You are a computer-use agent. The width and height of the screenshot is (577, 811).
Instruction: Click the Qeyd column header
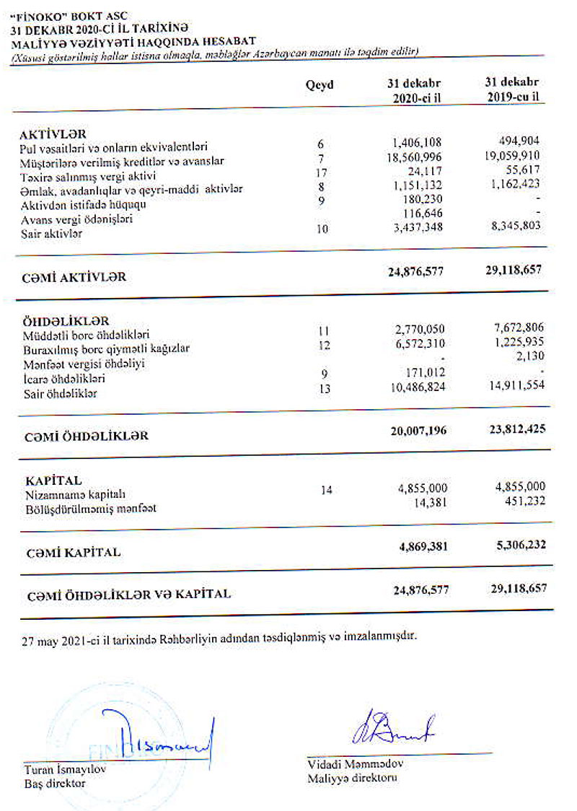(x=320, y=85)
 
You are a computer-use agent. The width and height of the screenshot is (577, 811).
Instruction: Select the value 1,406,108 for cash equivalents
(x=417, y=142)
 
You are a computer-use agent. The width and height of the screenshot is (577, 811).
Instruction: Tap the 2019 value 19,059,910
(x=511, y=154)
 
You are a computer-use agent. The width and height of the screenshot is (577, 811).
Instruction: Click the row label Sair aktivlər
(x=51, y=234)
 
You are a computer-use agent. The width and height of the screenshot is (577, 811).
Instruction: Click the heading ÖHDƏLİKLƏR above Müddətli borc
(x=65, y=321)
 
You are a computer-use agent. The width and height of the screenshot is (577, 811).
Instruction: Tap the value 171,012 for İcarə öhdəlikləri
(x=426, y=372)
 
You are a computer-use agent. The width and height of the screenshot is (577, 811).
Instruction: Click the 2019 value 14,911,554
(x=513, y=385)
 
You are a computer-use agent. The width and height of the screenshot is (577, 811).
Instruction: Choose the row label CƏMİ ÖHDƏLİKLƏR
(x=87, y=436)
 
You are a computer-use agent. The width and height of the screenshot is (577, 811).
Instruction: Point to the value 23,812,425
(x=511, y=429)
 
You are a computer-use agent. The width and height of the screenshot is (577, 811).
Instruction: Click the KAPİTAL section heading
(x=53, y=481)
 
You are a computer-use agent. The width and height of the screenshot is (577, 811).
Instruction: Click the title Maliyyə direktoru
(x=352, y=779)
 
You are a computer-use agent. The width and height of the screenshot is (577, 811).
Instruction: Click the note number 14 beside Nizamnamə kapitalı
(x=326, y=491)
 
